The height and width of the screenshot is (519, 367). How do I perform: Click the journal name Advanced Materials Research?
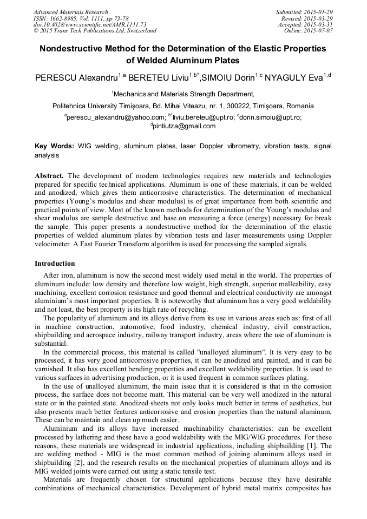[70, 12]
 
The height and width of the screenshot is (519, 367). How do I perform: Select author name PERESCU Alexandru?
[73, 78]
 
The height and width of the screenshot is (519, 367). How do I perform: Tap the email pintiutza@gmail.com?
[184, 126]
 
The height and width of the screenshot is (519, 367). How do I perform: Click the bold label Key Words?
[54, 146]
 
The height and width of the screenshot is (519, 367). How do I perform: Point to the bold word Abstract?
[49, 176]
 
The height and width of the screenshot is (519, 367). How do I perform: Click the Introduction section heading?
[55, 264]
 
